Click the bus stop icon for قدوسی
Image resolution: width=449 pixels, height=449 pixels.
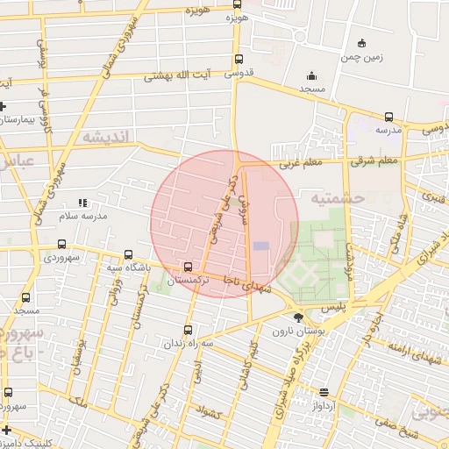pyautogui.click(x=239, y=60)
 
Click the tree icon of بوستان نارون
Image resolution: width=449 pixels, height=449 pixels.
pyautogui.click(x=299, y=317)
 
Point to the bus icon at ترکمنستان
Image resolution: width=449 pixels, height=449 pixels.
pyautogui.click(x=188, y=267)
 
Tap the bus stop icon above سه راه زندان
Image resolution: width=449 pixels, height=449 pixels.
pyautogui.click(x=188, y=331)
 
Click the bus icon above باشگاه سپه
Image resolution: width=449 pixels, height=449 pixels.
pyautogui.click(x=129, y=254)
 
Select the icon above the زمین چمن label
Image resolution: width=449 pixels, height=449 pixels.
pyautogui.click(x=361, y=44)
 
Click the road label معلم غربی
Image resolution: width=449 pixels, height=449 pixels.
pyautogui.click(x=301, y=163)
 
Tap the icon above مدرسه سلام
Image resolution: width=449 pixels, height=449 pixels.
pyautogui.click(x=82, y=203)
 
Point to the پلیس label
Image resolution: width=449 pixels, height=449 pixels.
pyautogui.click(x=334, y=308)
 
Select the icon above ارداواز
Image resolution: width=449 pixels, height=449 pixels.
pyautogui.click(x=324, y=392)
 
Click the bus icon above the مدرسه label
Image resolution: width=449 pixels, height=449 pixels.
pyautogui.click(x=388, y=117)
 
